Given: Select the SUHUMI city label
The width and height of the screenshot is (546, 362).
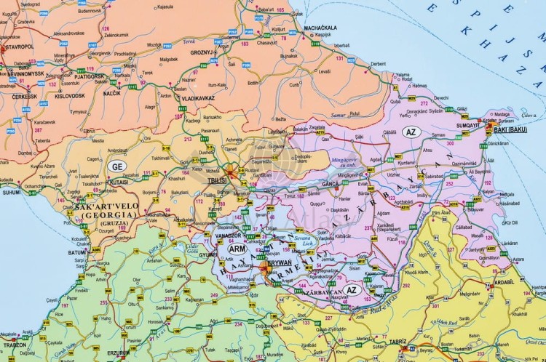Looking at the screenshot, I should [11, 193].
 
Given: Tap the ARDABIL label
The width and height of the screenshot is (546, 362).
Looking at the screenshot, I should [503, 282].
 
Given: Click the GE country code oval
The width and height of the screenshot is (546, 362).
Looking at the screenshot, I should [116, 165].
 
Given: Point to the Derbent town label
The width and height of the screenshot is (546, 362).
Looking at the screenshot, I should [378, 63].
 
